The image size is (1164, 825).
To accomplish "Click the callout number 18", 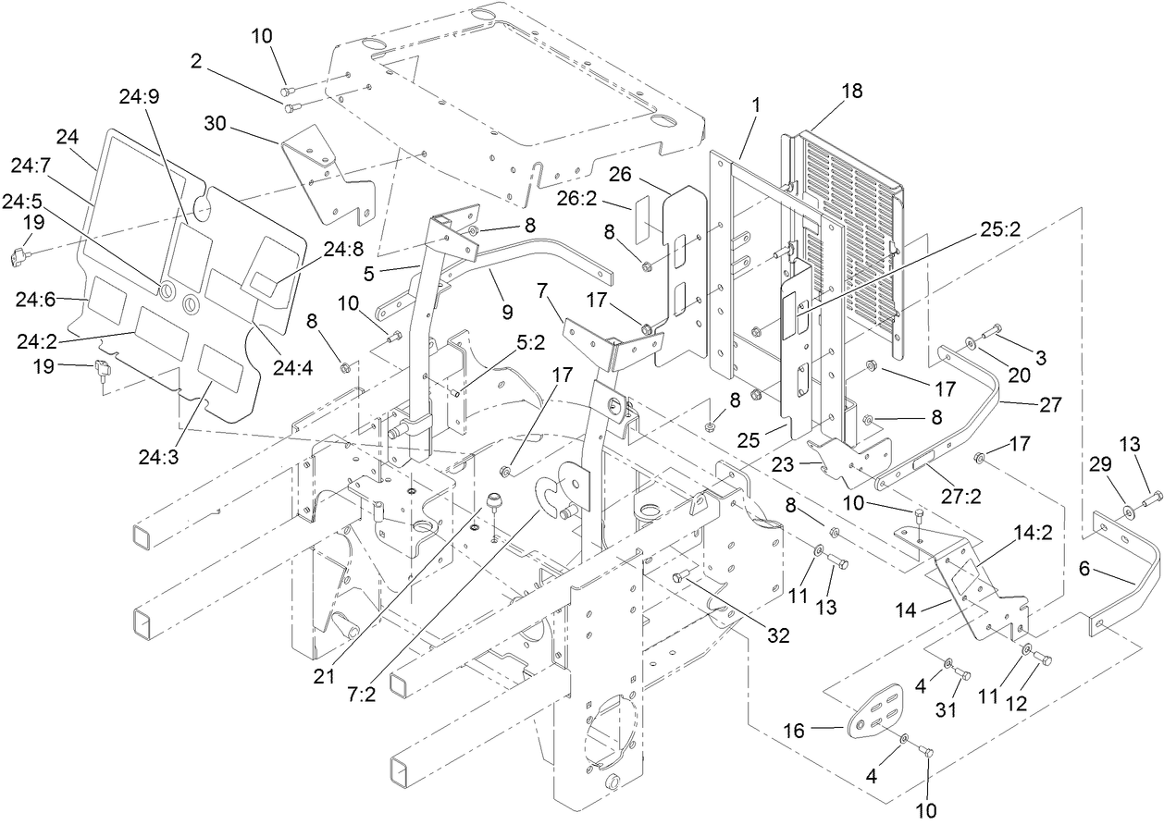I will click(850, 90).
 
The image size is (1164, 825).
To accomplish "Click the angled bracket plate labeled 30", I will click(328, 176).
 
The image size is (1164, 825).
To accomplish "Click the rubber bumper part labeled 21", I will click(496, 504).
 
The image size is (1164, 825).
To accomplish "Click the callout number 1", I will click(756, 105).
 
